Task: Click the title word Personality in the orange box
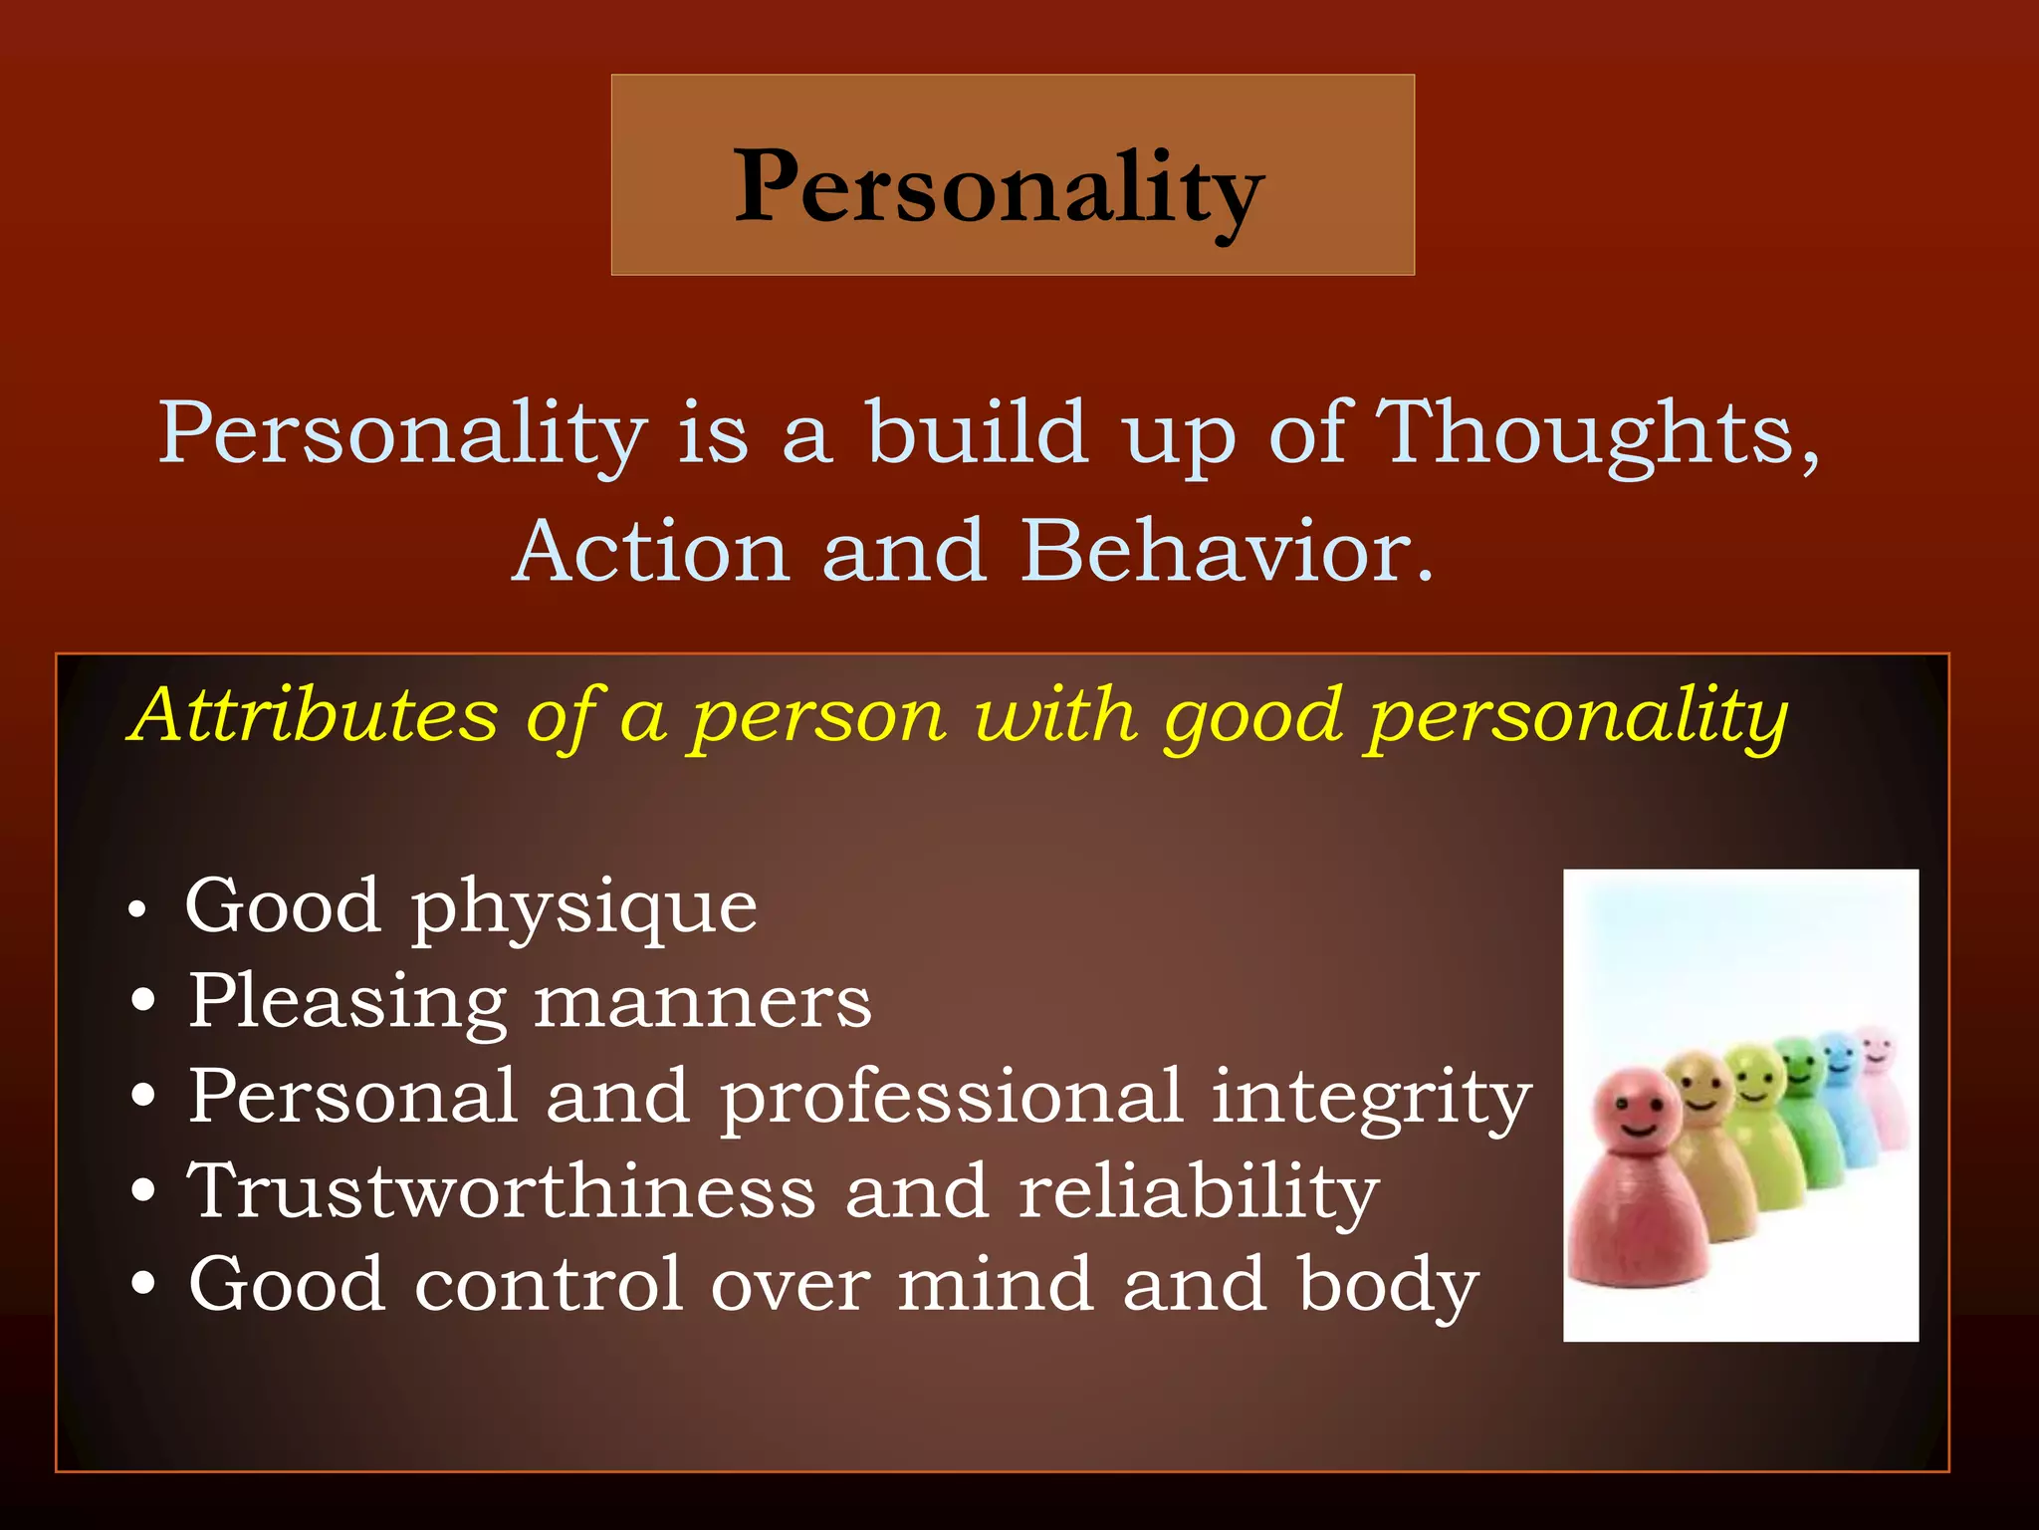pyautogui.click(x=999, y=186)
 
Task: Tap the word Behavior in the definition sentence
pyautogui.click(x=1227, y=552)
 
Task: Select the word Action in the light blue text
pyautogui.click(x=652, y=552)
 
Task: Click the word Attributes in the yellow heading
pyautogui.click(x=316, y=715)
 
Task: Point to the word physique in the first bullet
pyautogui.click(x=584, y=908)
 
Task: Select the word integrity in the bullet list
pyautogui.click(x=1371, y=1098)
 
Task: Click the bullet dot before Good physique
pyautogui.click(x=138, y=910)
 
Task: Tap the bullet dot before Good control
pyautogui.click(x=143, y=1285)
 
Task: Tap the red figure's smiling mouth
pyautogui.click(x=1638, y=1130)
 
